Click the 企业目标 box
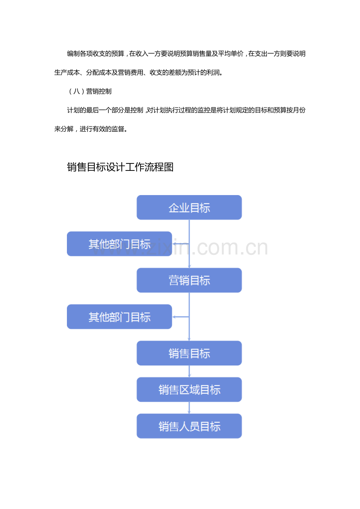[x=189, y=207]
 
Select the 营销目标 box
[x=189, y=280]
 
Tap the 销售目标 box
[x=189, y=353]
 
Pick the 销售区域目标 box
[x=189, y=389]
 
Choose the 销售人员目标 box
[x=189, y=426]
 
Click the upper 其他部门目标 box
[x=119, y=244]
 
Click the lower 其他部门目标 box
[x=119, y=317]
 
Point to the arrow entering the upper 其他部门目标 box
[x=180, y=244]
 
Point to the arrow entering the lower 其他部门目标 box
[x=180, y=317]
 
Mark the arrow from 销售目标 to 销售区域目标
[x=189, y=371]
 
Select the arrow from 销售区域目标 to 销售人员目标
[x=189, y=408]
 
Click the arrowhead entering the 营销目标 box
[x=189, y=266]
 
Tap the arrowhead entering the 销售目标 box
[x=189, y=339]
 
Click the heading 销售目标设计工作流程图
[x=120, y=167]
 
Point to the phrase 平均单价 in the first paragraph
[x=230, y=54]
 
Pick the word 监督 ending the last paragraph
[x=117, y=129]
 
